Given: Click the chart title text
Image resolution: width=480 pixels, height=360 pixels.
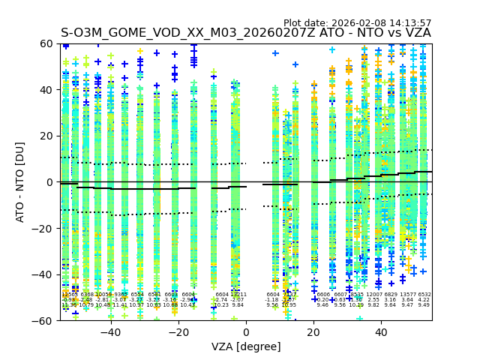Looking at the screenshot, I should [x=246, y=33].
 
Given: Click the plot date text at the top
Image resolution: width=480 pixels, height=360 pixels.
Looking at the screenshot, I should [x=358, y=23].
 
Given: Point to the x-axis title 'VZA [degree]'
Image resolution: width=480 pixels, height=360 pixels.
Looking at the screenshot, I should [x=246, y=346].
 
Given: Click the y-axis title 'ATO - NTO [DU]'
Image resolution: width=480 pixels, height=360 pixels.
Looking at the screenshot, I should [x=20, y=182].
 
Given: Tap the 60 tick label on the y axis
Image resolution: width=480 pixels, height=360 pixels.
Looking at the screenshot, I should [x=47, y=44].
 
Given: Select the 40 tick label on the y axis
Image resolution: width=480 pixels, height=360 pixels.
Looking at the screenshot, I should [x=47, y=90].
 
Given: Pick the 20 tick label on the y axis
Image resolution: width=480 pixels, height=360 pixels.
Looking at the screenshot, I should [x=47, y=136].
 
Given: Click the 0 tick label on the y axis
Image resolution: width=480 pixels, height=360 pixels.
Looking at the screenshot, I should [x=50, y=182].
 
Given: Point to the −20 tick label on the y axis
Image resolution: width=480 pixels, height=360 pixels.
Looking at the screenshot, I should [x=44, y=229].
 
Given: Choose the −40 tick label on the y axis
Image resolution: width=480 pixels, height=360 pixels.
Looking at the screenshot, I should [x=44, y=274].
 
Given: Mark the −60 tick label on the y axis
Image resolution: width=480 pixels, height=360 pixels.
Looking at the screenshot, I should [x=44, y=321].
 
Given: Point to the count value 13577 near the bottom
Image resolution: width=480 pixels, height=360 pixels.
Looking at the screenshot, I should [x=408, y=295].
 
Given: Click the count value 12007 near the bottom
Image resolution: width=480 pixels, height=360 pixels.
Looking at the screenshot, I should [x=374, y=295].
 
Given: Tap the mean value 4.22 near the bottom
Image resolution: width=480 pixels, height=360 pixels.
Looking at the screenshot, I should [x=424, y=300].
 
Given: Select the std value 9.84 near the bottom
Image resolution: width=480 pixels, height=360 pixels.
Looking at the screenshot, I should [x=238, y=305].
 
